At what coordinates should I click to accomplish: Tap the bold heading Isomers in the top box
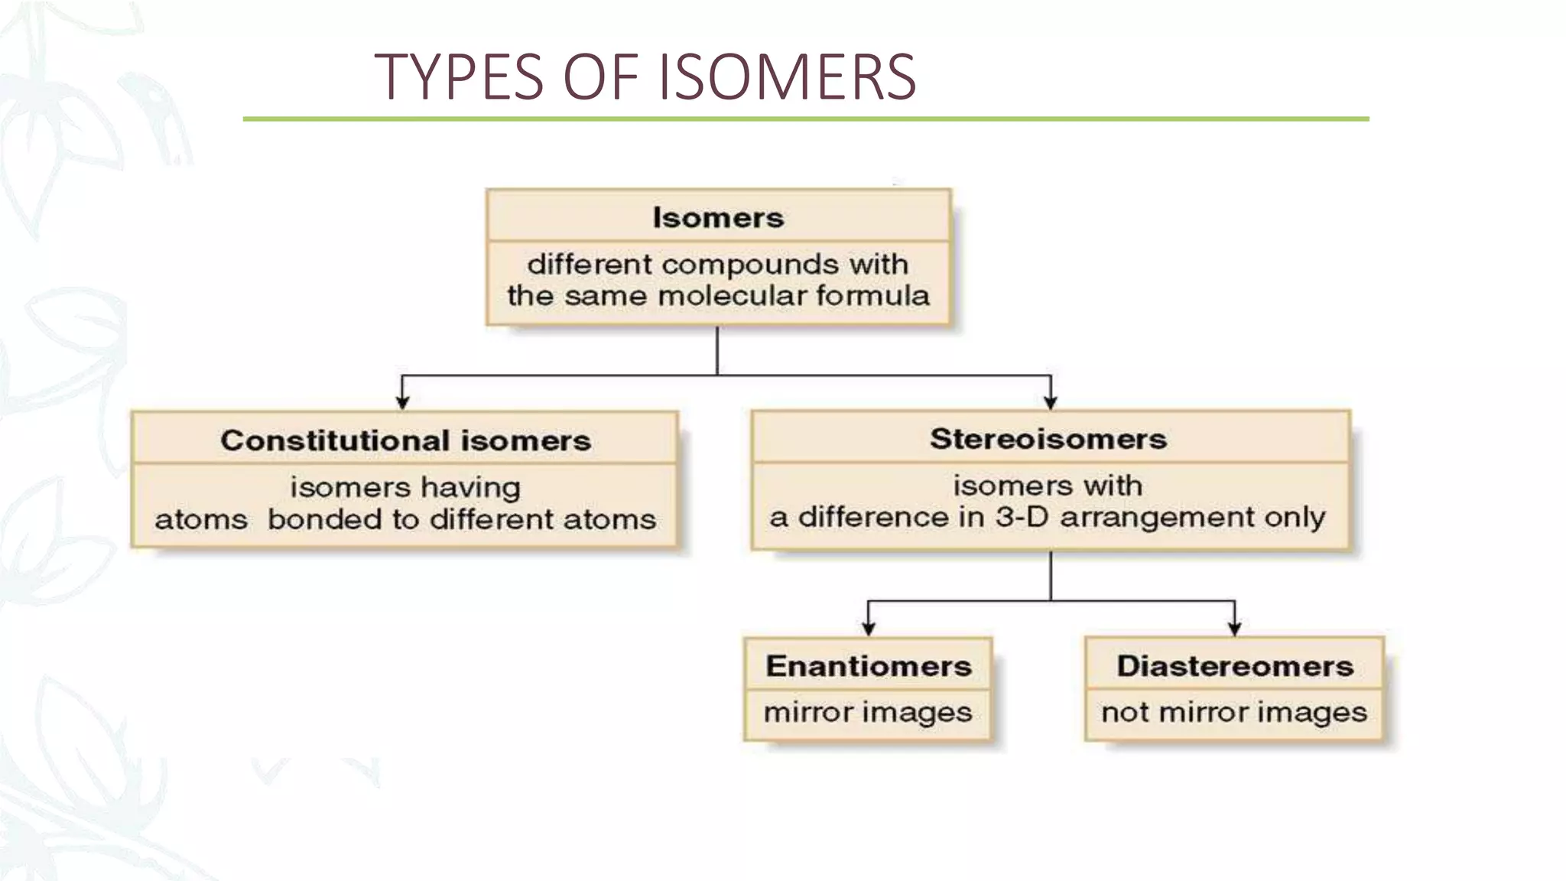pos(718,218)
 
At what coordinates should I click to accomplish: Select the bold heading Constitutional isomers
pos(405,440)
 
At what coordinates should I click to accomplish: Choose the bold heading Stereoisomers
pos(1048,439)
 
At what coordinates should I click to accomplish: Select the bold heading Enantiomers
pos(869,666)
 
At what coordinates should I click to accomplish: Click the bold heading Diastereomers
pos(1234,666)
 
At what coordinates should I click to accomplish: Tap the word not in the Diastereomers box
pos(1125,713)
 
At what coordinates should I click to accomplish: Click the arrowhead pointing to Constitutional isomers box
pos(403,402)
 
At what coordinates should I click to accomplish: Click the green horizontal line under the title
pos(805,119)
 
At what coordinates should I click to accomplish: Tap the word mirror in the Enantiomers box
pos(810,713)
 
